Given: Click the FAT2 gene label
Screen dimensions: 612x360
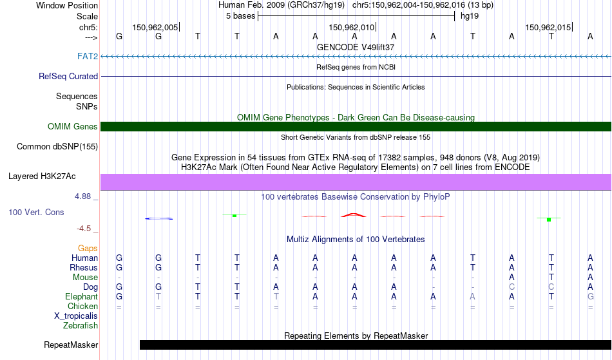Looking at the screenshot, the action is tap(88, 56).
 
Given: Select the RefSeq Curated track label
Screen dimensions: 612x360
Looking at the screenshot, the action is tap(68, 77).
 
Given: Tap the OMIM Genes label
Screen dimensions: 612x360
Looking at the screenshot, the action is tap(72, 126).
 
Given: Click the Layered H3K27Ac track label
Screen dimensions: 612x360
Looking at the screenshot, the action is tap(42, 176).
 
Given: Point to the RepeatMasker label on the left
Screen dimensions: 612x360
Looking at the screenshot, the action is tap(71, 345).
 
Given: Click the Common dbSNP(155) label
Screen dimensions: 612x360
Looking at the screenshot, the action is tap(57, 147).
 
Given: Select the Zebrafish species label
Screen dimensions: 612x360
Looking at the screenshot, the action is tap(81, 325).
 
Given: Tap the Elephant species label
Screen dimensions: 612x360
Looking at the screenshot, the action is tap(81, 296).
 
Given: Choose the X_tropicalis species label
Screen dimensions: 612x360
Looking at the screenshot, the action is tap(76, 316).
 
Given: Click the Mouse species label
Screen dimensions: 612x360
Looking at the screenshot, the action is tap(85, 278).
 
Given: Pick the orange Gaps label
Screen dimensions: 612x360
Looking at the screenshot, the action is tap(88, 249).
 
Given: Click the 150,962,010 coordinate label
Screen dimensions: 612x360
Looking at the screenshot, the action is tap(351, 27).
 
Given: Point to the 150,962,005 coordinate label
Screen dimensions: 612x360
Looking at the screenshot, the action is tap(155, 27).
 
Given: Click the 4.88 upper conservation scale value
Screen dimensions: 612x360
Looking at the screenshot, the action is tap(82, 196).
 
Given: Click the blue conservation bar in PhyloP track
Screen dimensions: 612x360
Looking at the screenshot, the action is tap(159, 218).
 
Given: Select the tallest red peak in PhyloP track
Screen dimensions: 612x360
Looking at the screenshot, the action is tap(353, 215).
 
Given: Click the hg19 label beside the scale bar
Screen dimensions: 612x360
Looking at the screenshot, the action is tap(470, 16).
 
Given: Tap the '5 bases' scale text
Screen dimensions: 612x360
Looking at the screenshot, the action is tap(240, 16).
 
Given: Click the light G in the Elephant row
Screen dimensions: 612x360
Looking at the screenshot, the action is tap(591, 296).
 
